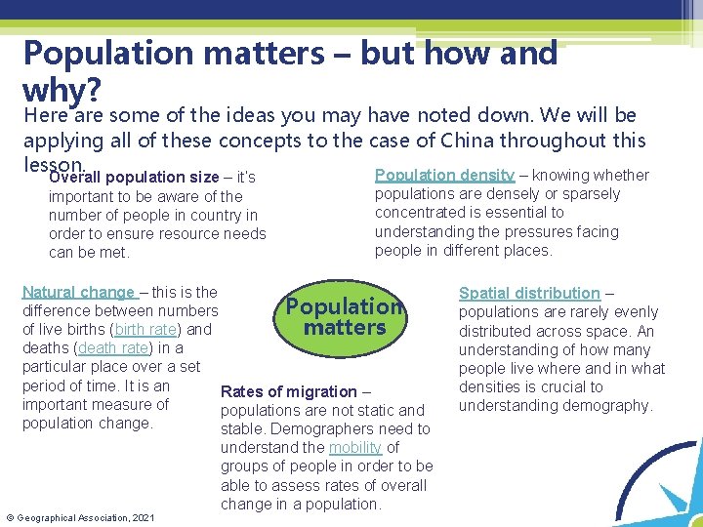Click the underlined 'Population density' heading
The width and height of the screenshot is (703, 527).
(x=444, y=175)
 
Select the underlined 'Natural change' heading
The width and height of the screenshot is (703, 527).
(x=78, y=292)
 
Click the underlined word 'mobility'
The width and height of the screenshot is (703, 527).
(x=355, y=447)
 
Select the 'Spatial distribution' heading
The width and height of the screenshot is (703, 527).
(x=529, y=293)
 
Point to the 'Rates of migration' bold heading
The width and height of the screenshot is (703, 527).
(x=289, y=391)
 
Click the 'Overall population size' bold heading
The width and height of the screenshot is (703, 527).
(x=135, y=178)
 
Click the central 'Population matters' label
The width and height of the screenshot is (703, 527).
(x=345, y=317)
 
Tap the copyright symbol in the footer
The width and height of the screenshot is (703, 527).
(x=10, y=516)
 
